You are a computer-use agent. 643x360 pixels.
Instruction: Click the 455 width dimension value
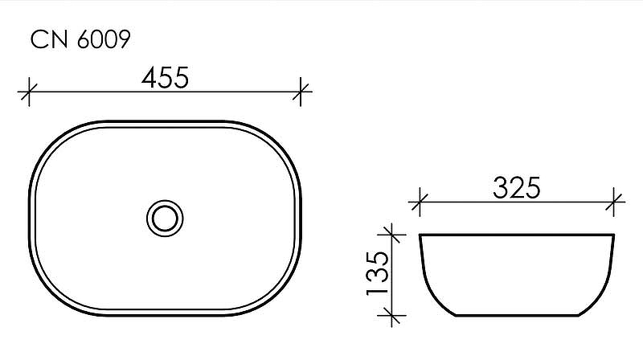(165, 77)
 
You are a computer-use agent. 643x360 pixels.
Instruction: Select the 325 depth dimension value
(516, 188)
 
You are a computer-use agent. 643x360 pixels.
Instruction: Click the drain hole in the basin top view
(165, 216)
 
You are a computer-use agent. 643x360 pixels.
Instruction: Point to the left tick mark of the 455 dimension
(29, 92)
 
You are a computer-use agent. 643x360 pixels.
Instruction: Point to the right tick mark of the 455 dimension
(301, 92)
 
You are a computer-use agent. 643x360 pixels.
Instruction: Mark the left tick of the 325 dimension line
(418, 202)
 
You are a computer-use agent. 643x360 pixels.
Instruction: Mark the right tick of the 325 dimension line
(615, 202)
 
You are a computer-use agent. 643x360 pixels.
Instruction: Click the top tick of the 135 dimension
(391, 235)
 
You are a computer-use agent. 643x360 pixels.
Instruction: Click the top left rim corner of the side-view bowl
(420, 235)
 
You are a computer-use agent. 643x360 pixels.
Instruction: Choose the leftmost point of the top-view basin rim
(30, 216)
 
